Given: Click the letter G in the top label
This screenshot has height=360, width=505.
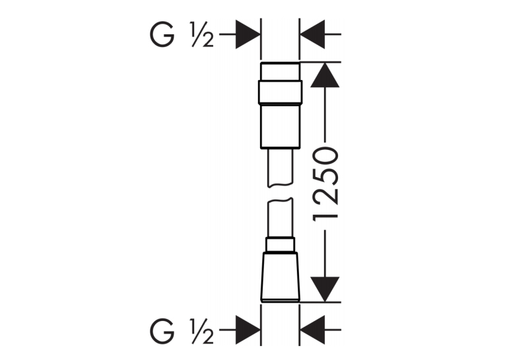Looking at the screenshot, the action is [162, 34].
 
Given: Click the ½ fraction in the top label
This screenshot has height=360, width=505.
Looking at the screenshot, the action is [203, 34].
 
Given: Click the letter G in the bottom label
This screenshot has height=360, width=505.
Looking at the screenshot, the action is [162, 331].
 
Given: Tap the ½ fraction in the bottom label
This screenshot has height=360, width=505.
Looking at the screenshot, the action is [203, 331].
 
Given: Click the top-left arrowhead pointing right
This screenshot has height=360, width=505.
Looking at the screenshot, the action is [248, 34].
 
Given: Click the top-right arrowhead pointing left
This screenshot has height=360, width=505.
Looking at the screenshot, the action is [312, 34].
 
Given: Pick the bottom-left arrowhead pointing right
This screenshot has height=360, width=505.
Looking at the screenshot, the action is [248, 330].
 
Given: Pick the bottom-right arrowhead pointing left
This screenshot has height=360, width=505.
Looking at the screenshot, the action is [312, 330].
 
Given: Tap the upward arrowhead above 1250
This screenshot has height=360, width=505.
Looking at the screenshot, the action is [325, 75].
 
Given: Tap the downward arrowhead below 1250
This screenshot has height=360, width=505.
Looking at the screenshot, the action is [325, 289].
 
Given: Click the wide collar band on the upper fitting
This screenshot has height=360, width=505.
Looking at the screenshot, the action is [280, 92].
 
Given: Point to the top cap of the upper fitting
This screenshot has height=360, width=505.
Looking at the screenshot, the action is [280, 71].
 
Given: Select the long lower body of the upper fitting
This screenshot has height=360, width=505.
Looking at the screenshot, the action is [280, 126].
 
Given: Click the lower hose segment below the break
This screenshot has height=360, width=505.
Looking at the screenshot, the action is [280, 219].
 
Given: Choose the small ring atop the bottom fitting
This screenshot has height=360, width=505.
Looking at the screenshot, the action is [280, 244].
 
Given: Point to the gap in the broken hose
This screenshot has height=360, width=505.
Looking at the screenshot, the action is [280, 193].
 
